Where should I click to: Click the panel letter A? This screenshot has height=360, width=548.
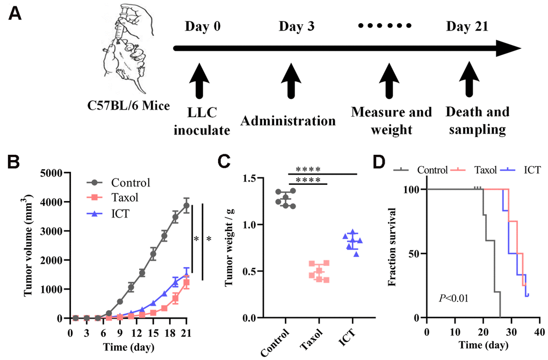[x=15, y=15]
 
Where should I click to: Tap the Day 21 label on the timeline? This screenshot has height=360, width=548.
[x=466, y=26]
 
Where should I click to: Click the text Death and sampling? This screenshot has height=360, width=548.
[x=477, y=120]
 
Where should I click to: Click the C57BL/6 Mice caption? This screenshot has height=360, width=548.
[x=129, y=105]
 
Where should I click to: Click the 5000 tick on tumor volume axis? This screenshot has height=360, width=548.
[x=54, y=173]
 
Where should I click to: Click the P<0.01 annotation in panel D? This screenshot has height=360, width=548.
[x=453, y=297]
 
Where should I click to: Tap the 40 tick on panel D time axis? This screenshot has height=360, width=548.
[x=538, y=329]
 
